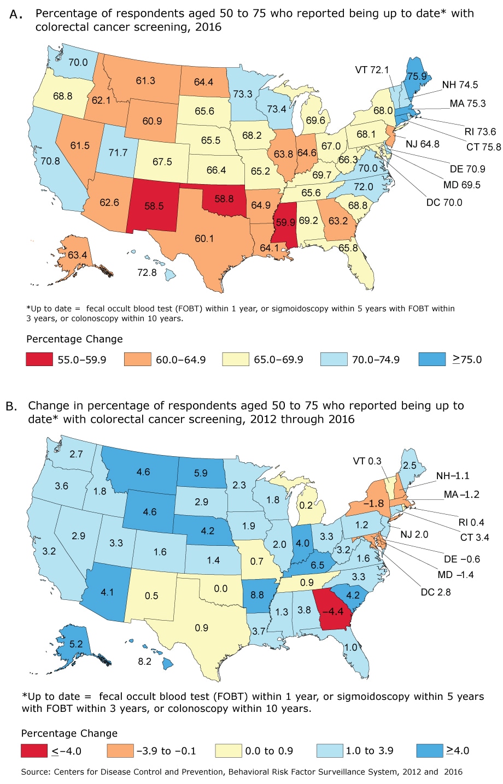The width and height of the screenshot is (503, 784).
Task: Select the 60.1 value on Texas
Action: pyautogui.click(x=204, y=238)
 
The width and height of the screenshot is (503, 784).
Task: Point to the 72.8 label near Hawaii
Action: pyautogui.click(x=147, y=272)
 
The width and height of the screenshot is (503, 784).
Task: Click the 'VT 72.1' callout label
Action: pyautogui.click(x=372, y=69)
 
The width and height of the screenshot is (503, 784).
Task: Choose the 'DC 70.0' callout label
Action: pyautogui.click(x=444, y=202)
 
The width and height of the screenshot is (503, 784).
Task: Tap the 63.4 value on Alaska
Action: pyautogui.click(x=77, y=255)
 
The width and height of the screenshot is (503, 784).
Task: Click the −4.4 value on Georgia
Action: pyautogui.click(x=332, y=611)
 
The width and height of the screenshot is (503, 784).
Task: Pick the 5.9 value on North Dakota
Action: pyautogui.click(x=201, y=473)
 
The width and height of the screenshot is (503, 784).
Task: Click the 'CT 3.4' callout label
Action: pyautogui.click(x=475, y=537)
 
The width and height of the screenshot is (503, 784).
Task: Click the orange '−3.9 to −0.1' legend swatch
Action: pyautogui.click(x=120, y=751)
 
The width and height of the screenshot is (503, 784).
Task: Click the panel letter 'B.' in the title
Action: pyautogui.click(x=12, y=406)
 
